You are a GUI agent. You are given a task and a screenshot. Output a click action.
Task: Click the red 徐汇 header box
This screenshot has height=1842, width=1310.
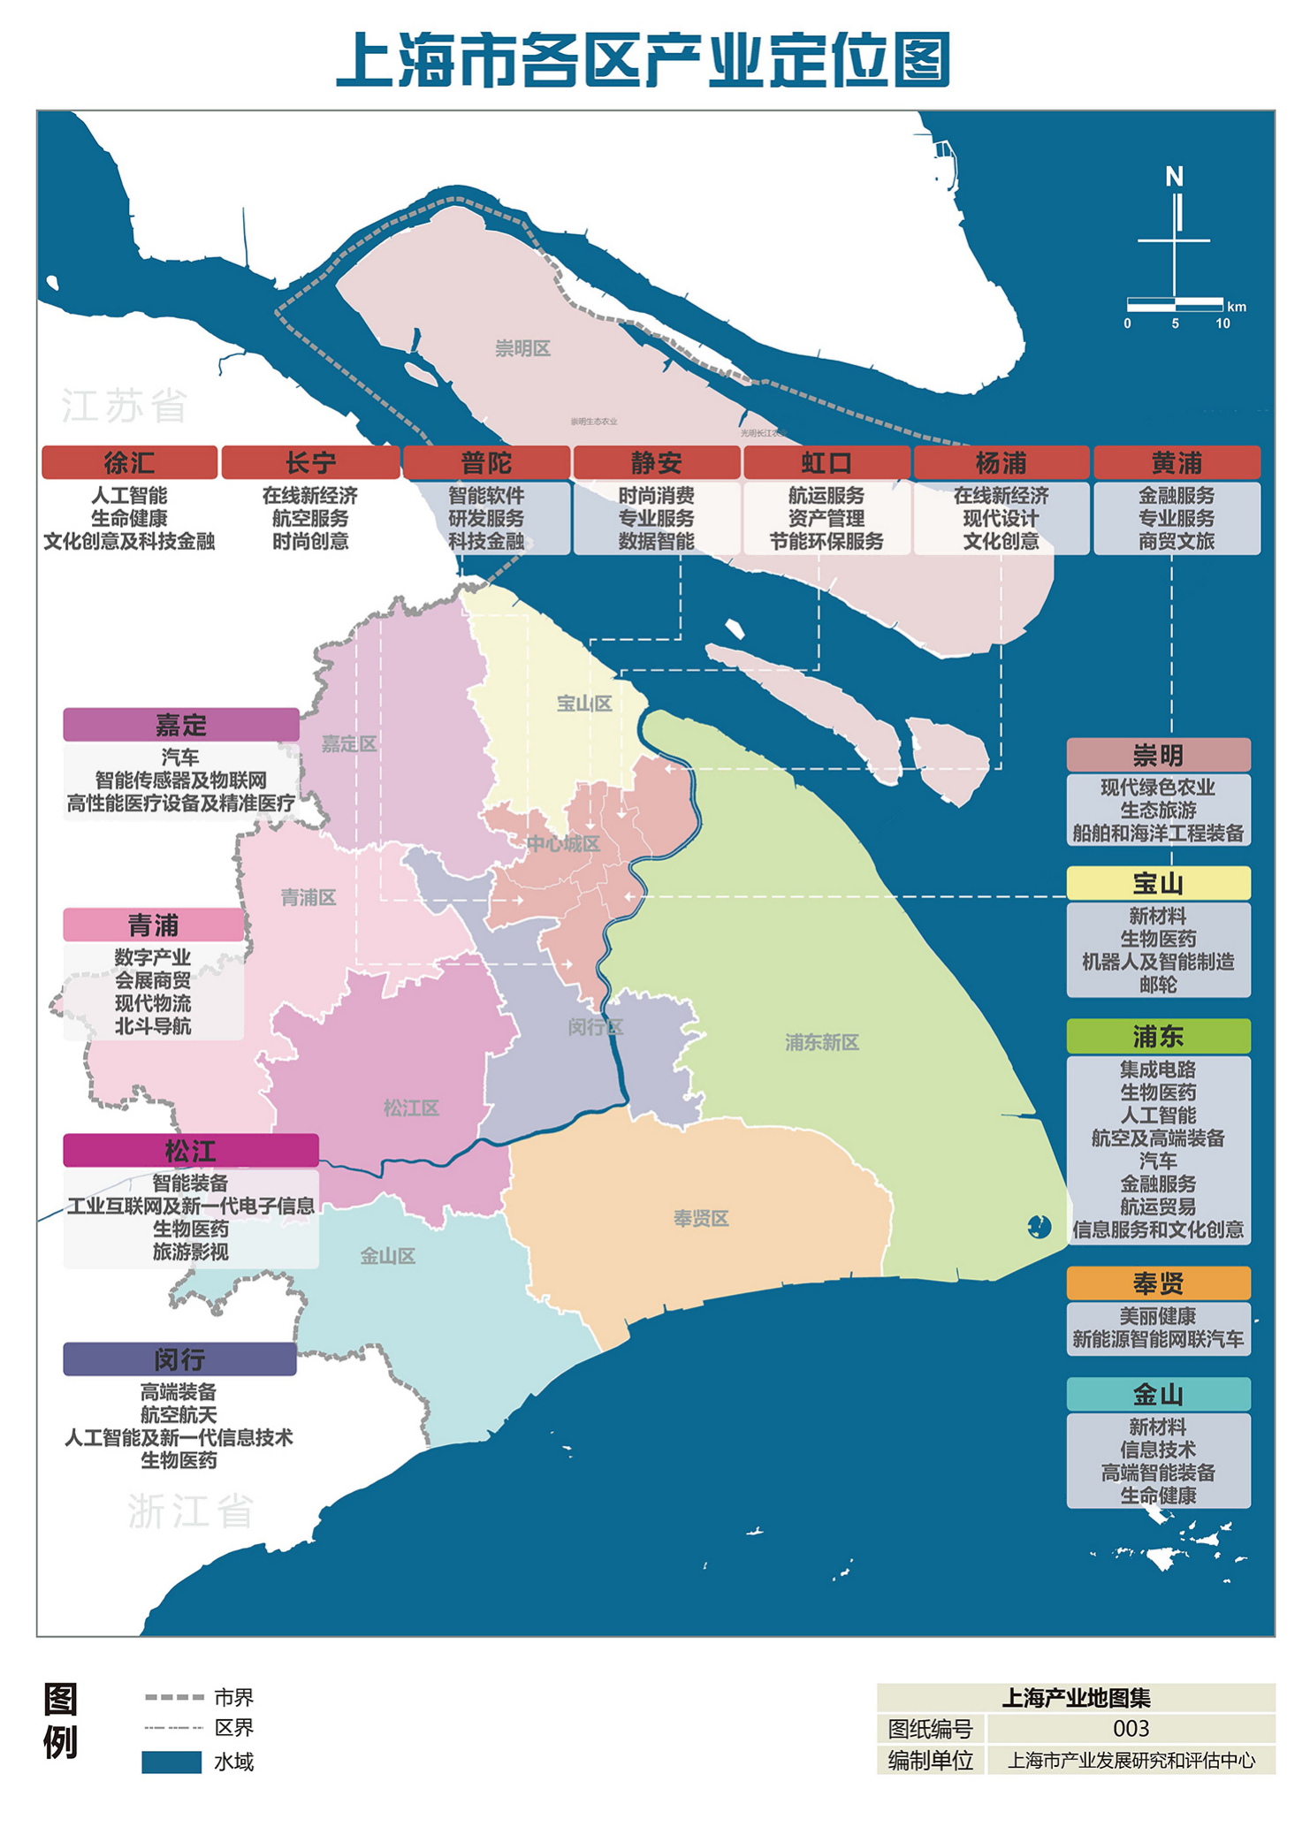pyautogui.click(x=129, y=462)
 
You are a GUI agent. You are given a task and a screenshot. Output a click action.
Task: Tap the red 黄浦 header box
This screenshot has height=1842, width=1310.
pyautogui.click(x=1177, y=462)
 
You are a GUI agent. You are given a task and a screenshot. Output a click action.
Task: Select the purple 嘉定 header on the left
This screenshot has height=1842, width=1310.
pyautogui.click(x=181, y=725)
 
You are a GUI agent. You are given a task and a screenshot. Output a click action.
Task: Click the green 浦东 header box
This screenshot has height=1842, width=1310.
pyautogui.click(x=1158, y=1036)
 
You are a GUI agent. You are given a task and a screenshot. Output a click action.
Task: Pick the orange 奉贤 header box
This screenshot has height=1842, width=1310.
pyautogui.click(x=1158, y=1283)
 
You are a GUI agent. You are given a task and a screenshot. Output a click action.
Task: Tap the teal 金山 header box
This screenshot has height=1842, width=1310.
pyautogui.click(x=1158, y=1394)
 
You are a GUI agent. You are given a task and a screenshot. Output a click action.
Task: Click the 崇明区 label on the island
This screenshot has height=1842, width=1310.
pyautogui.click(x=522, y=348)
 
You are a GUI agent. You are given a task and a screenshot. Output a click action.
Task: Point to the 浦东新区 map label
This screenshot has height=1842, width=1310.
pyautogui.click(x=821, y=1042)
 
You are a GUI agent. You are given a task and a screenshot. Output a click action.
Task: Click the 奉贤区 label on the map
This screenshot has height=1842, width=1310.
pyautogui.click(x=701, y=1219)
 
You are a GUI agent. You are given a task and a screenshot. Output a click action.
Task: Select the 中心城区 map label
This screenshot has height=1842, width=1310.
pyautogui.click(x=563, y=843)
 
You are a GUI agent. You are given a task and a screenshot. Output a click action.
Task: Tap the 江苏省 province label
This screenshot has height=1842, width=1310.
pyautogui.click(x=125, y=406)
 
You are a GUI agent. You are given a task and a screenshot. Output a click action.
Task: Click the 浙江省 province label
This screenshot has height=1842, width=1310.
pyautogui.click(x=190, y=1511)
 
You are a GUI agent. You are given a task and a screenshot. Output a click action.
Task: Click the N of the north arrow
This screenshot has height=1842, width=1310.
pyautogui.click(x=1174, y=177)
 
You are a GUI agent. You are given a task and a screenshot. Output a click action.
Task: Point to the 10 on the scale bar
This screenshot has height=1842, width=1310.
pyautogui.click(x=1222, y=323)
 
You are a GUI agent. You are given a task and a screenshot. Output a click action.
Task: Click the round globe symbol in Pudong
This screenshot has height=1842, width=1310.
pyautogui.click(x=1039, y=1227)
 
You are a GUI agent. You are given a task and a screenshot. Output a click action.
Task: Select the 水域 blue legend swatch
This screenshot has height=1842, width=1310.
pyautogui.click(x=171, y=1762)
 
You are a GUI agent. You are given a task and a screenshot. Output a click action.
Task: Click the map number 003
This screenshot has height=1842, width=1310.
pyautogui.click(x=1131, y=1728)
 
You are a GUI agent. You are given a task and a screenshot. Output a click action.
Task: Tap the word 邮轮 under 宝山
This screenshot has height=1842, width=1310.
pyautogui.click(x=1158, y=985)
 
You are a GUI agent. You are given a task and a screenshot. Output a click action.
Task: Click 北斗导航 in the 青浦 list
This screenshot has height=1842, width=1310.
pyautogui.click(x=153, y=1026)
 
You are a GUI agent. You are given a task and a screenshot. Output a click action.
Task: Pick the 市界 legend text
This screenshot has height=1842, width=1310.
pyautogui.click(x=233, y=1697)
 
